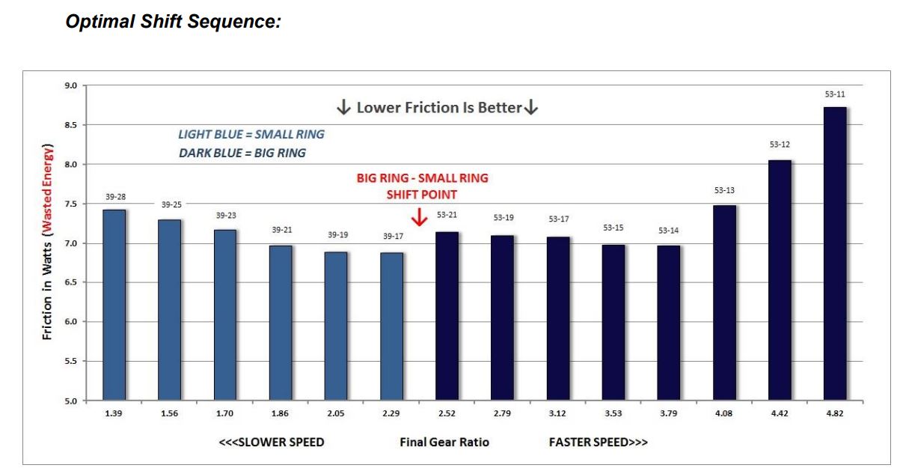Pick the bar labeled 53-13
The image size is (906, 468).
click(724, 303)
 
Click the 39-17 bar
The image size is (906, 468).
click(391, 326)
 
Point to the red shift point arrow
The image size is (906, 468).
click(420, 218)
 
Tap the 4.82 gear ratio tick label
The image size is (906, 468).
click(834, 413)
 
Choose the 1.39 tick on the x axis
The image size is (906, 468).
click(114, 413)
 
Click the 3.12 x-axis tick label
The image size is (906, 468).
click(558, 413)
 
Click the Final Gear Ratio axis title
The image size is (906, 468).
click(444, 442)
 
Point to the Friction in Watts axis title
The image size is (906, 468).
click(47, 241)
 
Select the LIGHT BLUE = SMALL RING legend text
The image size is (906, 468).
click(251, 135)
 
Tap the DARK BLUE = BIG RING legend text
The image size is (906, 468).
click(242, 153)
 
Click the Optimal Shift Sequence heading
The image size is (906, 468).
click(173, 22)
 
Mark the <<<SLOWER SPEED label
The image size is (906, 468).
click(271, 442)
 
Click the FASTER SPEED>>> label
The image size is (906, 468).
click(598, 442)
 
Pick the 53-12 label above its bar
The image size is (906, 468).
click(780, 144)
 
